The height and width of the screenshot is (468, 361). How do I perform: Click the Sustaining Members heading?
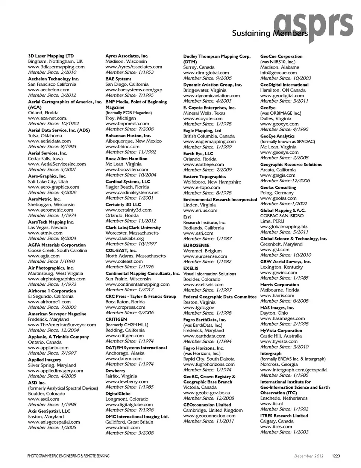(270, 33)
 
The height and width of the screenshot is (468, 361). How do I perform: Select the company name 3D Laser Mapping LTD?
(51, 56)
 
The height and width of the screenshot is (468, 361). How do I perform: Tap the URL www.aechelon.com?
(49, 90)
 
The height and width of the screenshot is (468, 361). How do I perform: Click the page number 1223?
(336, 456)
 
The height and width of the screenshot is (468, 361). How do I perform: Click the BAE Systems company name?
(118, 79)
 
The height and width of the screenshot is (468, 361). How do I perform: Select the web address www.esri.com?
(198, 233)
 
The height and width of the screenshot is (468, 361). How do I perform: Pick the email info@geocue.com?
(278, 73)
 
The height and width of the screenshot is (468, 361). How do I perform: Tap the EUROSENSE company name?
(196, 245)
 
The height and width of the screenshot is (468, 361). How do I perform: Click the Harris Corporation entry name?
(279, 285)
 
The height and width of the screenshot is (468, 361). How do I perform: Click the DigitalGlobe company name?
(118, 394)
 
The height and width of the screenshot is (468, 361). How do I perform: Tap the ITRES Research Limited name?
(284, 416)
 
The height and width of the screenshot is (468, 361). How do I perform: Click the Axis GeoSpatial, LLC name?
(49, 411)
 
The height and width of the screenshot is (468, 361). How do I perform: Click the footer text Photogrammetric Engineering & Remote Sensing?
(68, 456)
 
